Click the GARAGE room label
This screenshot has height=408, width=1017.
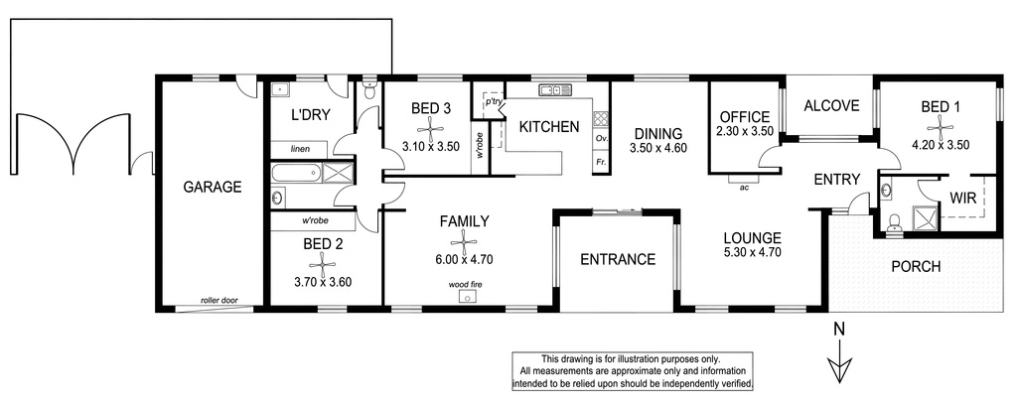213,188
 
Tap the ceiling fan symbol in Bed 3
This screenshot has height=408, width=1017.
431,126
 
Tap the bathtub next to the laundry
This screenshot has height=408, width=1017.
296,173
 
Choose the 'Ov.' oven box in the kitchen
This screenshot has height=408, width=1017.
601,139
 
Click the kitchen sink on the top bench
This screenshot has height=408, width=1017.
555,89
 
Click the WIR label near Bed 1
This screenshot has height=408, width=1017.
963,199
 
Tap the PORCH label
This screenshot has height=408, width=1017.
916,266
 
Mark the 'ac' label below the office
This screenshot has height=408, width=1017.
744,189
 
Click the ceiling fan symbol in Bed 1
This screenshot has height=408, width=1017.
940,125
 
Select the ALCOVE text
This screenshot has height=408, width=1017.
831,106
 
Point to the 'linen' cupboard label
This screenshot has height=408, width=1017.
300,149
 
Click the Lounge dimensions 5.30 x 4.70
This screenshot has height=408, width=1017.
753,252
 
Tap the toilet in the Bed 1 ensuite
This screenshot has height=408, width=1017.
895,220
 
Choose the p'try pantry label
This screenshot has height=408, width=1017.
491,103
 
